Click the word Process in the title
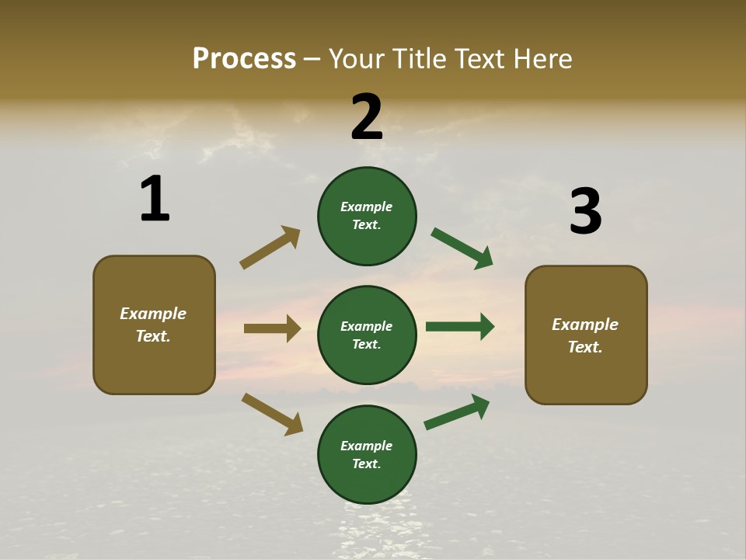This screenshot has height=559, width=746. coord(244,59)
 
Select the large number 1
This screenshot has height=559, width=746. coord(155,199)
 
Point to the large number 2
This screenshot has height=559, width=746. coord(367,116)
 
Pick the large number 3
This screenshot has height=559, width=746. coord(585,211)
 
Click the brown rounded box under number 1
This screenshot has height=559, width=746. coord(154,325)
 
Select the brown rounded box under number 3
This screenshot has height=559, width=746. coord(586,335)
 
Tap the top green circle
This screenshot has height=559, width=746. coord(367,216)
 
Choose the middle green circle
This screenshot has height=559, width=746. coord(367,335)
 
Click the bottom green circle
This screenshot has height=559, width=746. coord(367,454)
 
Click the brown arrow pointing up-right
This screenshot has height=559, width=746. coord(270,248)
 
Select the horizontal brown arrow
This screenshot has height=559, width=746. coord(272,328)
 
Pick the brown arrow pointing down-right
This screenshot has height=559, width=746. coord(272,413)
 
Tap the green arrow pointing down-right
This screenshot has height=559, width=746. coord(462,248)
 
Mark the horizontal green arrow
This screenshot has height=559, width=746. coord(460,327)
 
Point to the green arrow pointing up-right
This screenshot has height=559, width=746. coord(457,411)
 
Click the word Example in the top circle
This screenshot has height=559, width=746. coord(367,207)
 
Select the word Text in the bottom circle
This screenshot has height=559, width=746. coord(365,464)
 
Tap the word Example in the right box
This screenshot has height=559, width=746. coord(585,325)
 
